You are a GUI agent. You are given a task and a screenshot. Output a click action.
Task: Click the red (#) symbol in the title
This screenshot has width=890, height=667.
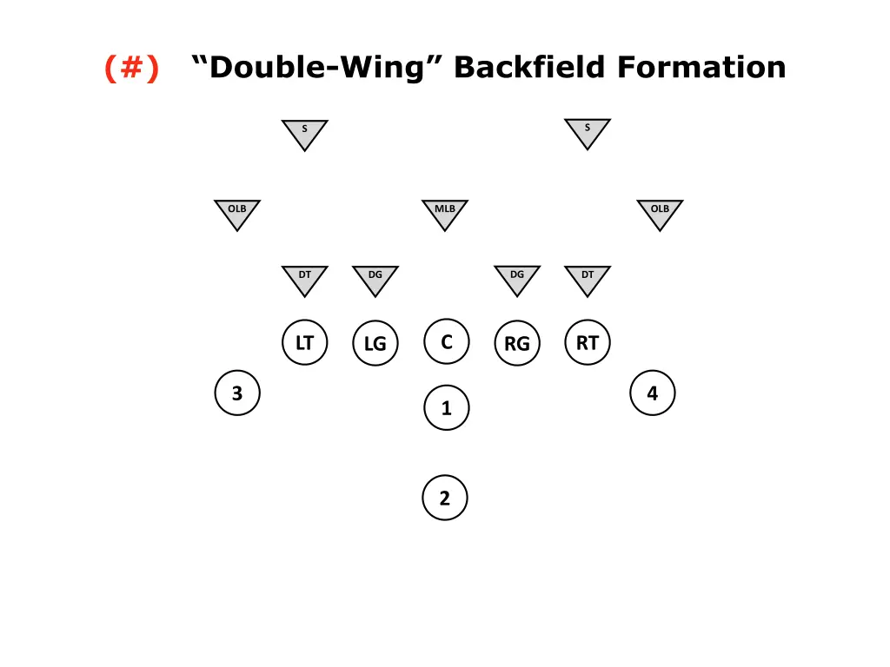131,67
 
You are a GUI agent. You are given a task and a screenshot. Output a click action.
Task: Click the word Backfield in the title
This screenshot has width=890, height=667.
531,67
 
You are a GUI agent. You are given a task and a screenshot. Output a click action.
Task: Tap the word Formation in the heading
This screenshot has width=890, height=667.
701,67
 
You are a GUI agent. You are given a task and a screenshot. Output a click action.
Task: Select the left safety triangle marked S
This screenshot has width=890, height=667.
304,133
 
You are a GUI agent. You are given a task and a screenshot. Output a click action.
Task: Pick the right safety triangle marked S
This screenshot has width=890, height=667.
588,132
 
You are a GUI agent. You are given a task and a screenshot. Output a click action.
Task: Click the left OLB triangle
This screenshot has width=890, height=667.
237,213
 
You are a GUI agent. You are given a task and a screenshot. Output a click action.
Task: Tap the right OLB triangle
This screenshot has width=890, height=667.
660,213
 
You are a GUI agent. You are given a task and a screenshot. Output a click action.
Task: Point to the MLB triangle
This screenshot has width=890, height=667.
445,213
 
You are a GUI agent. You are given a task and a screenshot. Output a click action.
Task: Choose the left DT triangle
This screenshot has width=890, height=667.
304,279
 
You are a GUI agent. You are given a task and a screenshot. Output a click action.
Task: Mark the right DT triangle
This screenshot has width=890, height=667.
588,279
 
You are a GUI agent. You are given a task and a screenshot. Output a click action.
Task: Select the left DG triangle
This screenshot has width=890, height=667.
375,279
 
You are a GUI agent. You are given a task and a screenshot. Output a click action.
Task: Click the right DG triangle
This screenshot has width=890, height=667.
517,279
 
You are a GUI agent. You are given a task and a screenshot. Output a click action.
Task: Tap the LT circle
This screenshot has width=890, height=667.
304,342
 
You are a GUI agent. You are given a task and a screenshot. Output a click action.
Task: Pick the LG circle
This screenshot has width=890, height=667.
375,344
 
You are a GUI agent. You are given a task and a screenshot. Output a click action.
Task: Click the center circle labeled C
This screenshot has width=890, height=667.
447,341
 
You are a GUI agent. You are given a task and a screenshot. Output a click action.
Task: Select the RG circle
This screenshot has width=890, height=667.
517,344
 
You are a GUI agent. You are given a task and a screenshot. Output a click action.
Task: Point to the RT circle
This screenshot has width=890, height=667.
588,342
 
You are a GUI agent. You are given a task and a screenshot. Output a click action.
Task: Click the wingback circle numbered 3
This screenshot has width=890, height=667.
237,393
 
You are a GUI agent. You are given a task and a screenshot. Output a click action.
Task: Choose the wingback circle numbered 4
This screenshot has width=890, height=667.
653,393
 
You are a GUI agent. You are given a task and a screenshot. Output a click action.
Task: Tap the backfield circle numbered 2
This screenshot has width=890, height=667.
445,499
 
